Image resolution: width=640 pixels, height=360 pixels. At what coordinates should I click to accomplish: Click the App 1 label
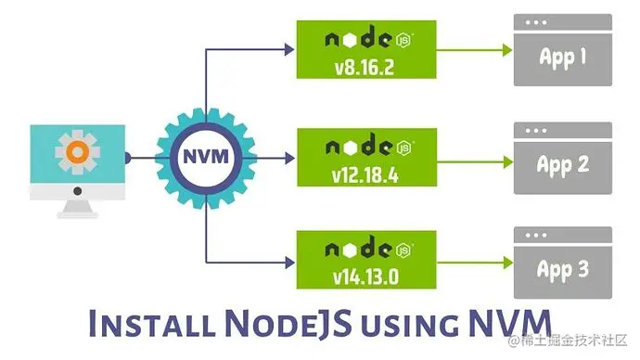(x=563, y=58)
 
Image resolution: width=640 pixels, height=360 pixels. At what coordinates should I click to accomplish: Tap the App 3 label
(x=563, y=270)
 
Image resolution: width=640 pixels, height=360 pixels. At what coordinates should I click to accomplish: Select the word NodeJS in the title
(x=279, y=325)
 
